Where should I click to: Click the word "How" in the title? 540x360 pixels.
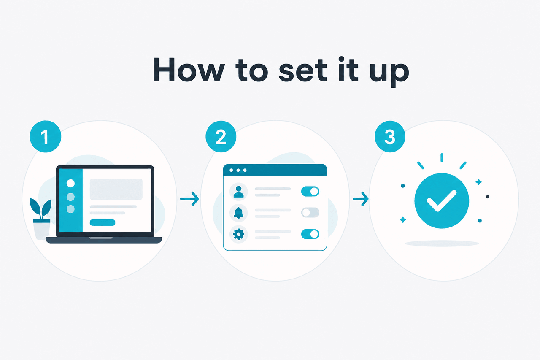pos(189,70)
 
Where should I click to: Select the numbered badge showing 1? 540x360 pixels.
pos(45,136)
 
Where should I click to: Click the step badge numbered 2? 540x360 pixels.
pos(221,136)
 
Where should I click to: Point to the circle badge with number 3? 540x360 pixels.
pos(390,136)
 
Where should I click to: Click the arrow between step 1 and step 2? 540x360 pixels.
pos(189,199)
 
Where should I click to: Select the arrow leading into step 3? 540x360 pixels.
pos(361,199)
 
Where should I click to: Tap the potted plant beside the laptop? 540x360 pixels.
pos(41,218)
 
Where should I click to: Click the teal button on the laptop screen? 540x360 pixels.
pos(103,222)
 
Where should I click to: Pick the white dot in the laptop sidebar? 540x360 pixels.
pos(70,183)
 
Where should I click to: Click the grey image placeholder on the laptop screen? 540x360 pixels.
pos(116,189)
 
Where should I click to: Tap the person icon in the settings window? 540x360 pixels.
pos(239,192)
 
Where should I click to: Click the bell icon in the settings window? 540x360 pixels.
pos(239,213)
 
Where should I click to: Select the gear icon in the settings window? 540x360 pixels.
pos(239,234)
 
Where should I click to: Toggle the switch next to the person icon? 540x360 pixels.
pos(310,192)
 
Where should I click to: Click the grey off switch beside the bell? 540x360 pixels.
pos(310,213)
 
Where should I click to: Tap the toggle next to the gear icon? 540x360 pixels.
pos(310,234)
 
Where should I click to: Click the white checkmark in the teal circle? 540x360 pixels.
pos(441,201)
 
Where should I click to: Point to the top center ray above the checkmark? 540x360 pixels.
pos(442,157)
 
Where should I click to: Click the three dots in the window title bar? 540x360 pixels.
pos(238,170)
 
